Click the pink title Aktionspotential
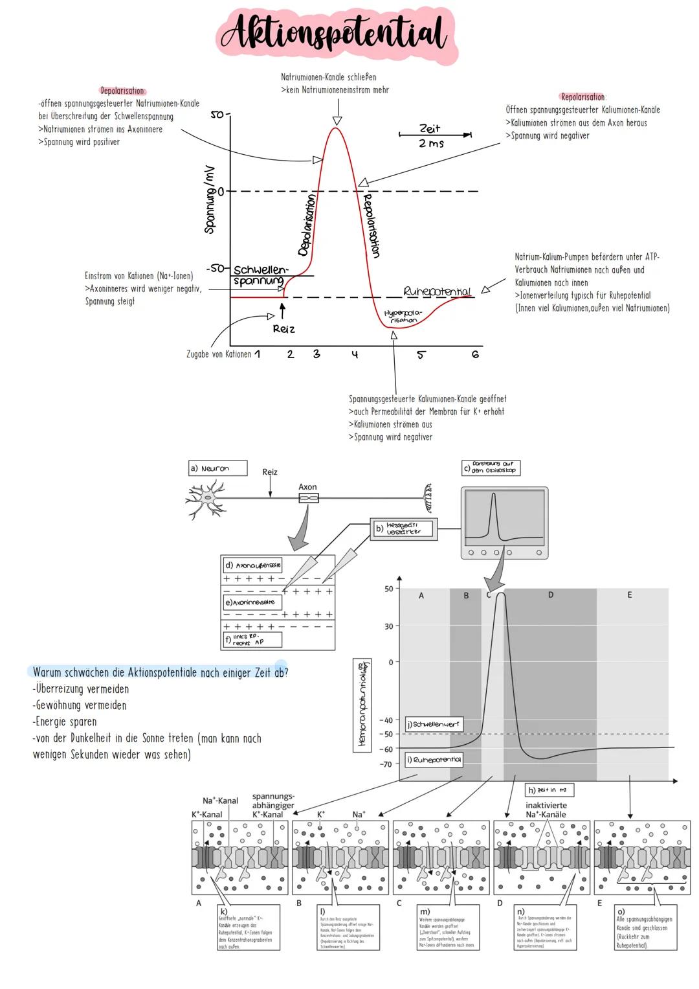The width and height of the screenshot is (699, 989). coord(333,34)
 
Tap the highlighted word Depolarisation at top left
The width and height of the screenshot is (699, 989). coord(122,91)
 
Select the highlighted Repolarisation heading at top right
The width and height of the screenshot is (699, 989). coord(582,97)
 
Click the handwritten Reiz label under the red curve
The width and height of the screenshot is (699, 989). coord(283,329)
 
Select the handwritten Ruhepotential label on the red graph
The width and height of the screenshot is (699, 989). coord(437,291)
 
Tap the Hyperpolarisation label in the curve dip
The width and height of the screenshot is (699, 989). coord(403,316)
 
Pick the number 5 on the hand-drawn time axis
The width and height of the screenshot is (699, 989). coord(421,354)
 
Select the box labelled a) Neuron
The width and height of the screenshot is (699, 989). coord(217,468)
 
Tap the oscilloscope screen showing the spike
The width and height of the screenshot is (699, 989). coord(505,516)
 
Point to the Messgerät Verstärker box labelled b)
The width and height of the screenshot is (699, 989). coord(404,529)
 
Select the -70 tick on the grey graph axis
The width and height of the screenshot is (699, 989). coord(386,764)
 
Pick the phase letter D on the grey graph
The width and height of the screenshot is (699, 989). coord(551,595)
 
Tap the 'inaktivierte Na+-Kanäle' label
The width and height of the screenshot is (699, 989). coord(546,810)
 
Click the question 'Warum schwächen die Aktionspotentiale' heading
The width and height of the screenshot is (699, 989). coord(160,672)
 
